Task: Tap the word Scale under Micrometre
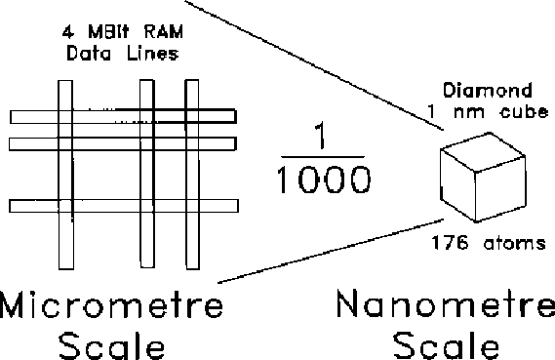click(110, 345)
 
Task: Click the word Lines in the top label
click(152, 55)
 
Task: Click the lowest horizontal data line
click(123, 206)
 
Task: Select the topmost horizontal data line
click(123, 117)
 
